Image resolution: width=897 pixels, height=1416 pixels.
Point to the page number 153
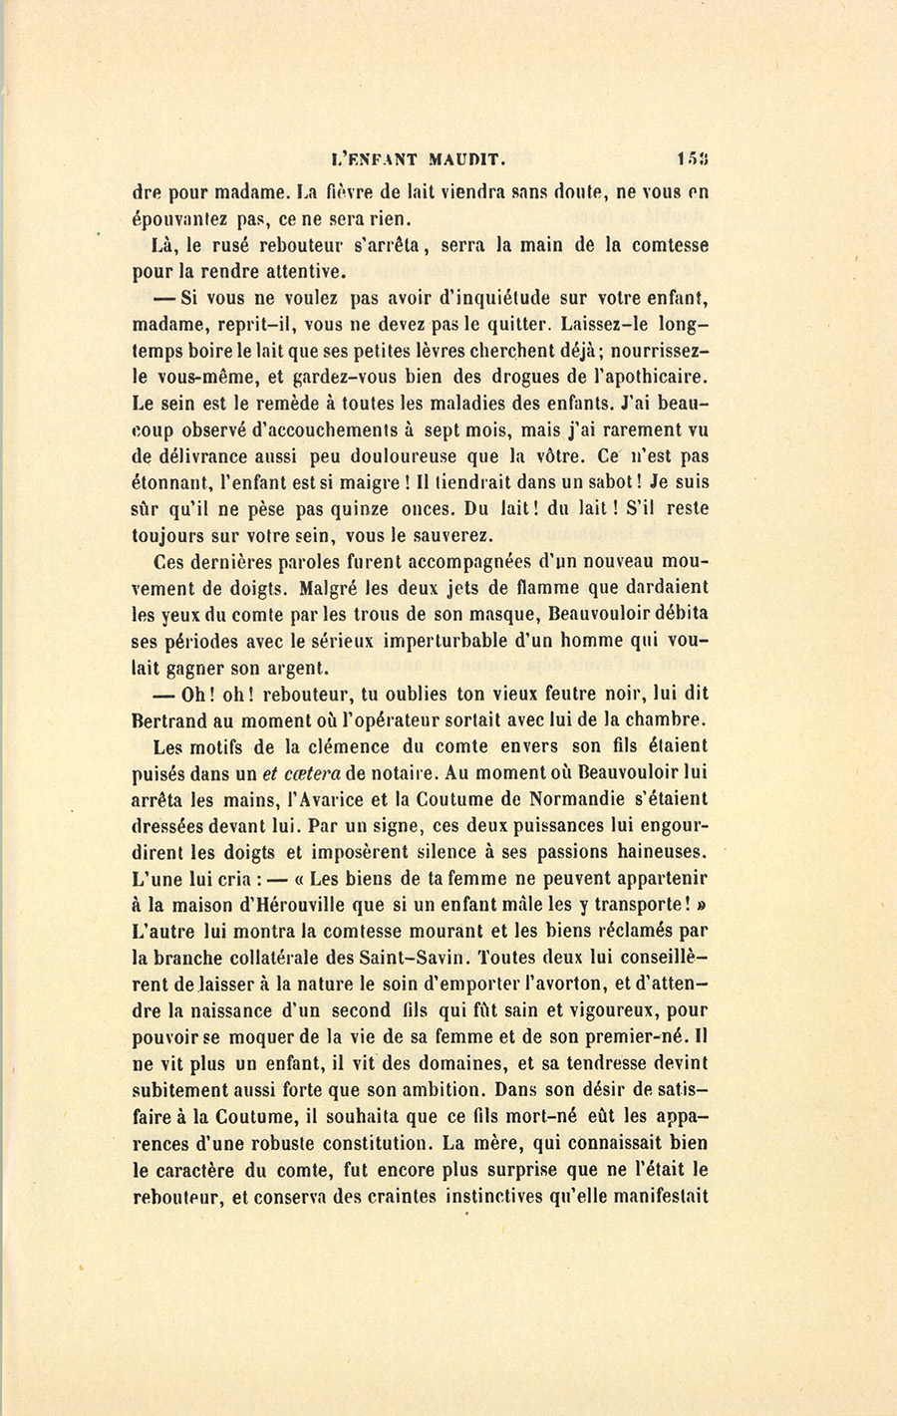pos(693,158)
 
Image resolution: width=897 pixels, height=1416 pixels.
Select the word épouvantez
pos(176,219)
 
